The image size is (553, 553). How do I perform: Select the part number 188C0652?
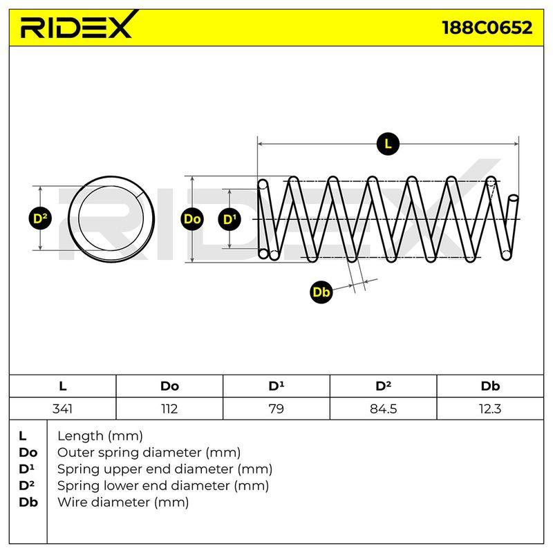tap(487, 28)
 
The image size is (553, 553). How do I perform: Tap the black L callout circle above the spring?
tap(388, 144)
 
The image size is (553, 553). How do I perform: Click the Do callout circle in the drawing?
tap(192, 219)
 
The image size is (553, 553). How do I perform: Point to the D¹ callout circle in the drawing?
tap(229, 219)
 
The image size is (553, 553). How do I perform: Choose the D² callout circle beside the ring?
tap(40, 218)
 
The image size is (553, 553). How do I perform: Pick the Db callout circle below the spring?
tap(321, 292)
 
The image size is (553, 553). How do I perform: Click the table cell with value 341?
tap(62, 409)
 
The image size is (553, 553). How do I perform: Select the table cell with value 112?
tap(169, 409)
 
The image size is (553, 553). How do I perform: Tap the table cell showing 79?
tap(276, 409)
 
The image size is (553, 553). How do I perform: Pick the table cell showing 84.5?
tap(384, 409)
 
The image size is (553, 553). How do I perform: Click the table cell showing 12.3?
tap(490, 409)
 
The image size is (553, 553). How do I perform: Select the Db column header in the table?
tap(490, 386)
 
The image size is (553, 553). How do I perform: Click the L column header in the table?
tap(62, 386)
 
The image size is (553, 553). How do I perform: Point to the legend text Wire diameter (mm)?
tap(123, 503)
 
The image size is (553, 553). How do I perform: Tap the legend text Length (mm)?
tap(100, 436)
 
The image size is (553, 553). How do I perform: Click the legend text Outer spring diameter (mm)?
tap(149, 453)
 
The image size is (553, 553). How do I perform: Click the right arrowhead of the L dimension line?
tap(516, 144)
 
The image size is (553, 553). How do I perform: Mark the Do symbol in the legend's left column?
tap(28, 453)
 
